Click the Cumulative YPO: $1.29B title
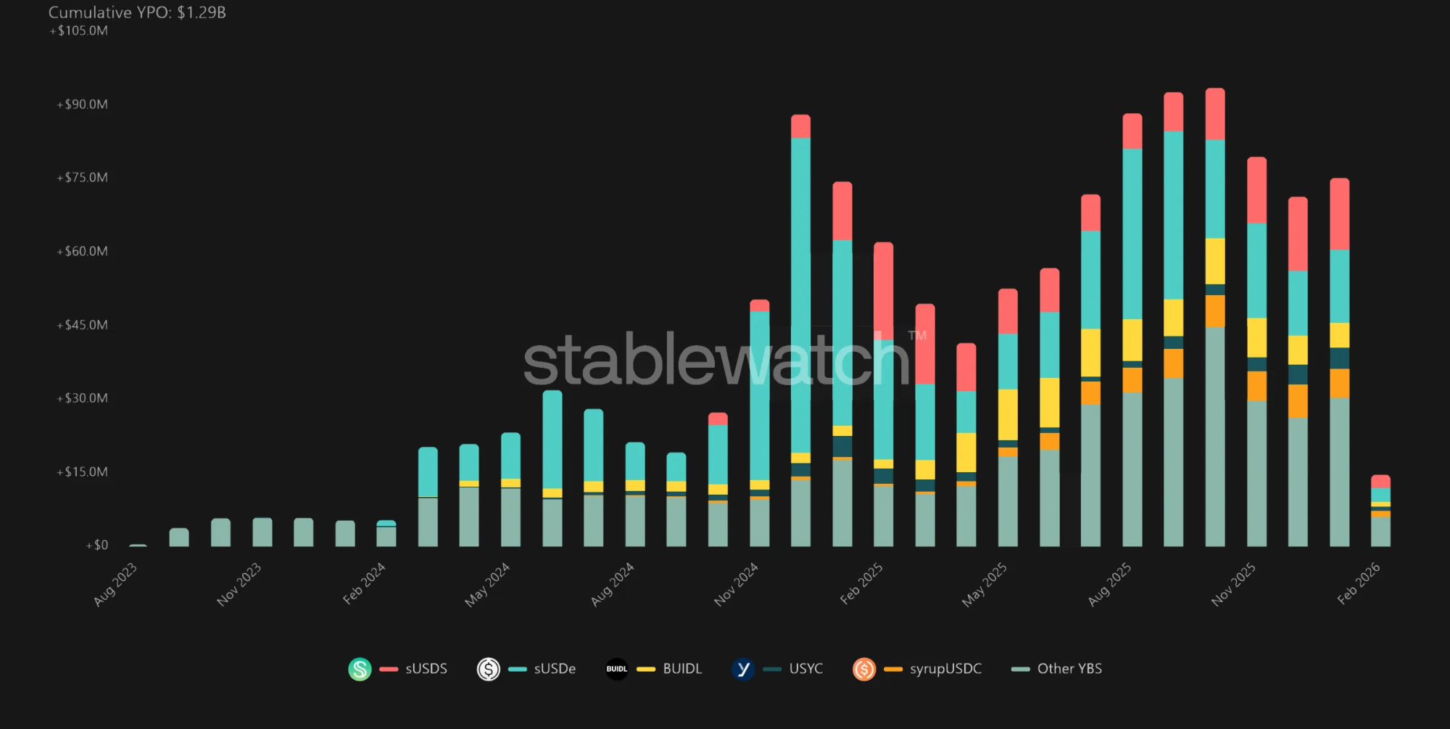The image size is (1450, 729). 137,12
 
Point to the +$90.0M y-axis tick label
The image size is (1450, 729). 83,104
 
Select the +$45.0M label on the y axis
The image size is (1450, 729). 83,325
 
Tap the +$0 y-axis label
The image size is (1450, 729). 97,545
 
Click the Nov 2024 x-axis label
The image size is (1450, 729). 736,584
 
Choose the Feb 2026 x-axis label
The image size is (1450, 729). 1358,584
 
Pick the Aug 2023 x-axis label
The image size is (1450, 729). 115,584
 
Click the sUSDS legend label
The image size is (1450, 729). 426,669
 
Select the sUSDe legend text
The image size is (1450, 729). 555,669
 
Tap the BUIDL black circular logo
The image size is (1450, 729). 616,669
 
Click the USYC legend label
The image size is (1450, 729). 805,669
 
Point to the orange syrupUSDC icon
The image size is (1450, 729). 864,669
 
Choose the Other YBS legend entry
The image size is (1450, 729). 1069,669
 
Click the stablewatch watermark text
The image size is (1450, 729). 716,360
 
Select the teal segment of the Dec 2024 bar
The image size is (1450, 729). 800,290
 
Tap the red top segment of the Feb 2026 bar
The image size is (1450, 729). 1380,481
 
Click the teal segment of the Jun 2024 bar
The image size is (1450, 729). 552,439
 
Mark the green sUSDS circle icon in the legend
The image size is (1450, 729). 360,669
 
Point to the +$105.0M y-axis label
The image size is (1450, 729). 79,30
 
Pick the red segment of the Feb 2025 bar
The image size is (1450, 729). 884,290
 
